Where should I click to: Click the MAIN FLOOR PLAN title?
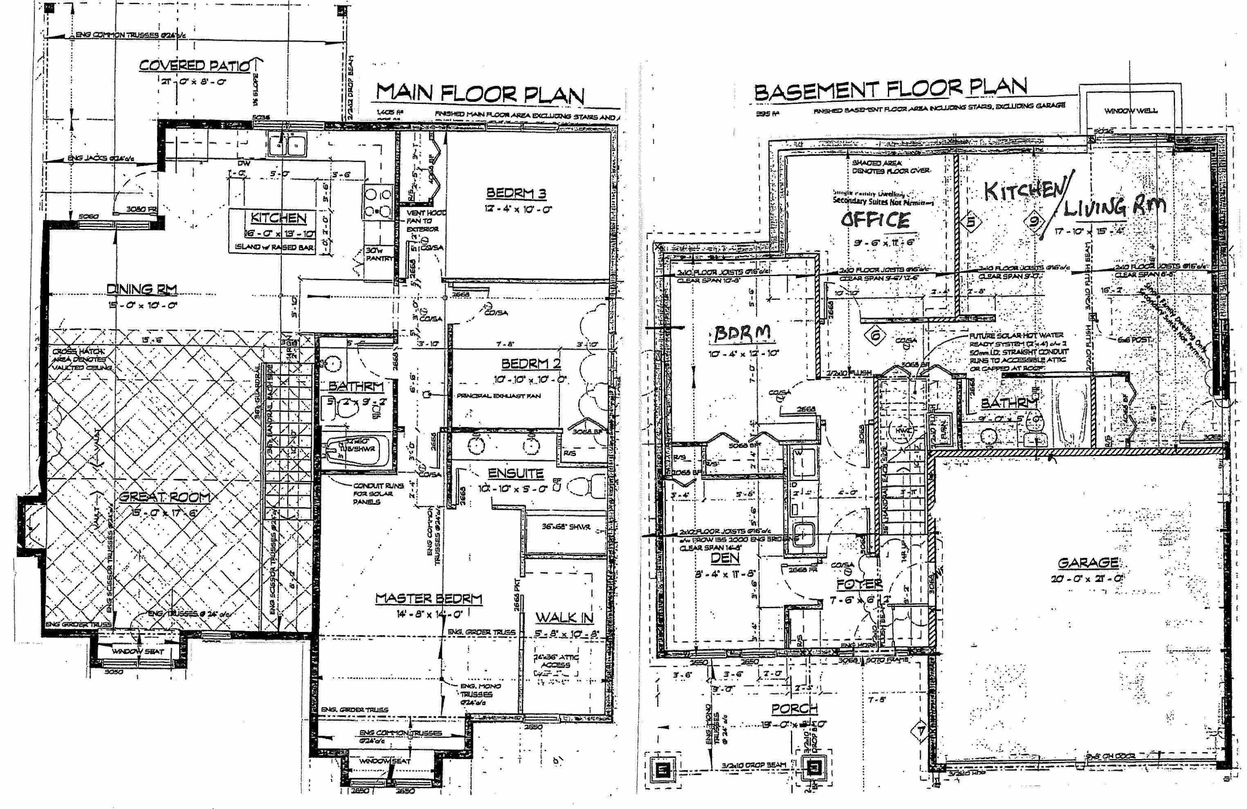479,94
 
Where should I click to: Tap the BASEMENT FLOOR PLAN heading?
890,90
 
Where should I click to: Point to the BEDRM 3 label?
516,193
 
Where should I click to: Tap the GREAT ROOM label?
165,497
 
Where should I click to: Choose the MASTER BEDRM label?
428,598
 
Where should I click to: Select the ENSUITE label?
515,473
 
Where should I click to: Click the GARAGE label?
1088,563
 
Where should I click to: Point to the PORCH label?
794,709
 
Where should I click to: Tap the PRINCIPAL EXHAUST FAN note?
498,396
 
